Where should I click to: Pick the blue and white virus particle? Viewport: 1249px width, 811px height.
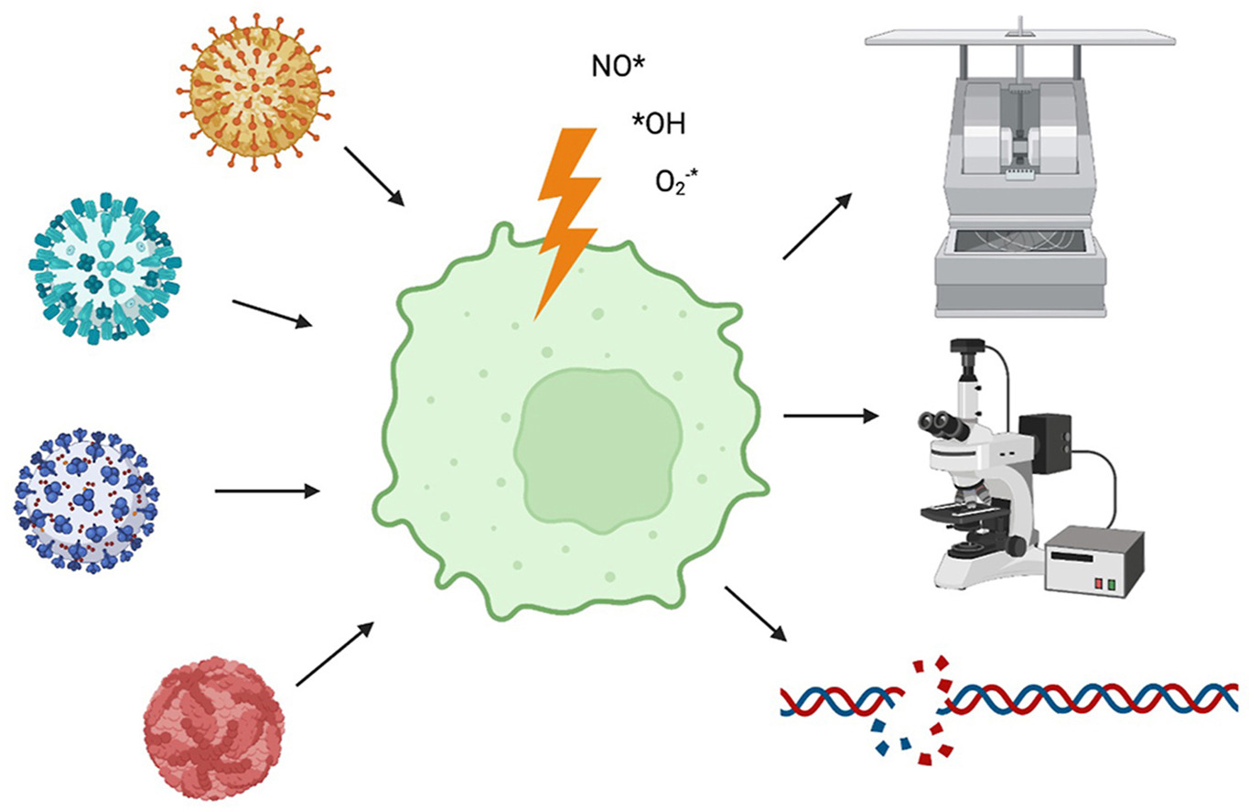pos(85,502)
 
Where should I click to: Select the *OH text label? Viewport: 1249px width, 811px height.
pos(658,124)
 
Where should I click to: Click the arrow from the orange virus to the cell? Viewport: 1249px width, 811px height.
pos(373,175)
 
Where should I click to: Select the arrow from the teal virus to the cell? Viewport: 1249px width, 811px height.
pos(272,312)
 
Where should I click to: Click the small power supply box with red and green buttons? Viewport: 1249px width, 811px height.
pos(1094,563)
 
